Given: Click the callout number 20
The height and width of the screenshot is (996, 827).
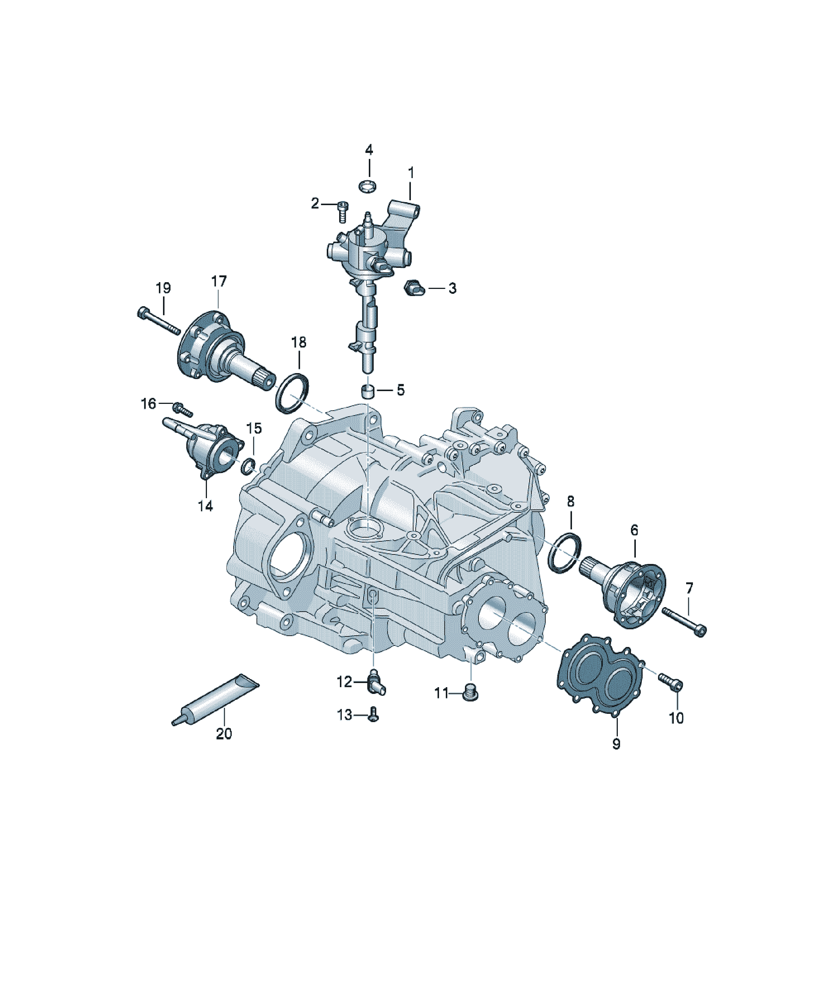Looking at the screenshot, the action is (224, 734).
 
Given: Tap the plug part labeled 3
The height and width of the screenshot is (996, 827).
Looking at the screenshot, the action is (412, 288).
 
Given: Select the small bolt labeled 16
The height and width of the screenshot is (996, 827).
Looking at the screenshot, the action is (182, 409).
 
